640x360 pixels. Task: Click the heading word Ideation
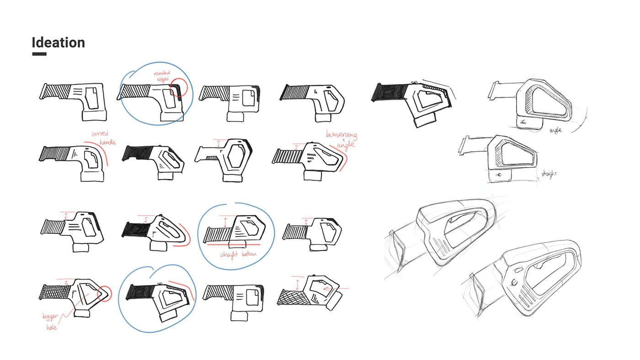tap(58, 42)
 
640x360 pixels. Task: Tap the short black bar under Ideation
tap(39, 54)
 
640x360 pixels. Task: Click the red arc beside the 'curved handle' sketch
tap(109, 155)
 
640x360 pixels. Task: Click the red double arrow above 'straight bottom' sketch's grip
tap(225, 222)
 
